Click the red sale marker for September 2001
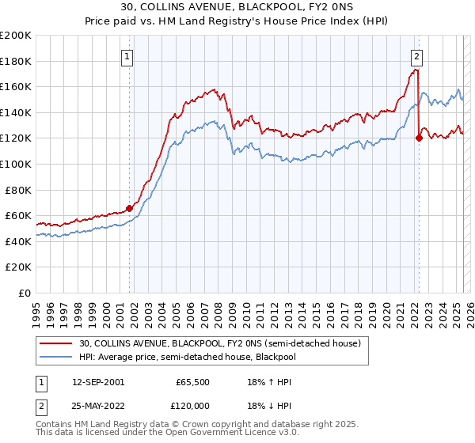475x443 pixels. pos(129,209)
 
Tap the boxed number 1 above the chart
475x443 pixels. pos(127,56)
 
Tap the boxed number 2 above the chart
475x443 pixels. pos(416,56)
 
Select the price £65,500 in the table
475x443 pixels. pos(192,381)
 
